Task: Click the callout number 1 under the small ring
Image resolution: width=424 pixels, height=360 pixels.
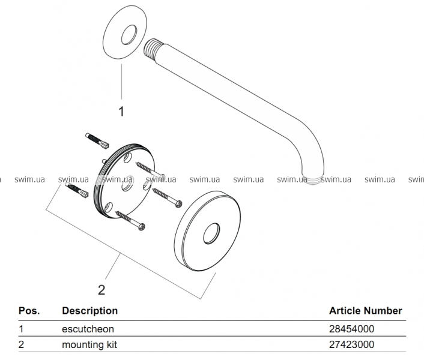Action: point(121,111)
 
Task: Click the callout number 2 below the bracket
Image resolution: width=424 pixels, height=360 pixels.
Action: point(101,290)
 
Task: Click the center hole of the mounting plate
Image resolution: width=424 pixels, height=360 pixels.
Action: point(127,187)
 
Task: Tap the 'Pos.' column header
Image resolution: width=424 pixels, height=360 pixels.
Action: point(29,311)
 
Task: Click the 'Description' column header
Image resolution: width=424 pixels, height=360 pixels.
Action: point(90,311)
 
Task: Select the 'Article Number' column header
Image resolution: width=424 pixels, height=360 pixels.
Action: point(365,311)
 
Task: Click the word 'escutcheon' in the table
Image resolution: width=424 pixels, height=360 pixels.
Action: point(88,329)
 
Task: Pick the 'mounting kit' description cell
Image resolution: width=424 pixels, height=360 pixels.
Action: point(90,345)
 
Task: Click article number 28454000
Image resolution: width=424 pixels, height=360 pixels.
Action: point(351,329)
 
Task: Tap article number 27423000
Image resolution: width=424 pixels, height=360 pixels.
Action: point(351,345)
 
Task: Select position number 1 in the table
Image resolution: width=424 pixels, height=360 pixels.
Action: point(21,329)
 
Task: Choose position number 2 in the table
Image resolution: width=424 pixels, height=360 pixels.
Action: point(22,345)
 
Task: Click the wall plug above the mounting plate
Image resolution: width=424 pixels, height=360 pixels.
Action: point(97,140)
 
